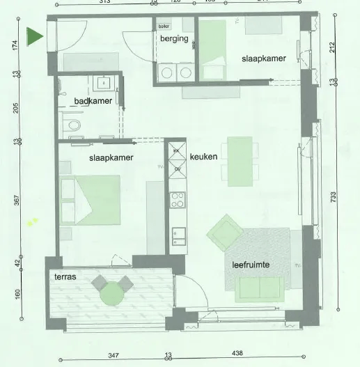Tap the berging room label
coord(174,39)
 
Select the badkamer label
coord(93,101)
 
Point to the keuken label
coord(204,157)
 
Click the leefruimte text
coord(251,265)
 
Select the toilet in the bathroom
coord(72,125)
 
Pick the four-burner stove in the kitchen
coord(177,201)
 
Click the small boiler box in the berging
coord(164,26)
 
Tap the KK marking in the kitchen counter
coord(176,151)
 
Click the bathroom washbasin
coord(104,82)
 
